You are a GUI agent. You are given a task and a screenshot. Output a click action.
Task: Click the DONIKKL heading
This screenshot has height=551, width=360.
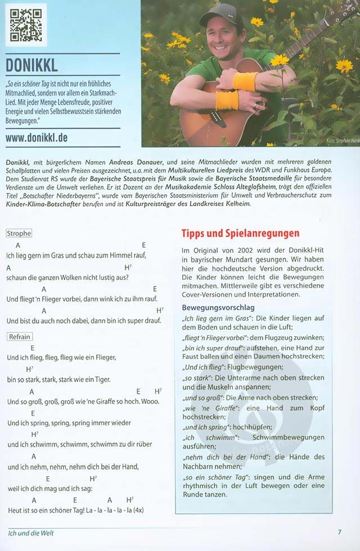point(31,65)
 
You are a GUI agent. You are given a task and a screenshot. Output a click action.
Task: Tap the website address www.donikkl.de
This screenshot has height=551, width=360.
point(37,138)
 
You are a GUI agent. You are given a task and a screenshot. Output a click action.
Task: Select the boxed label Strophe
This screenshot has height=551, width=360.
point(19,233)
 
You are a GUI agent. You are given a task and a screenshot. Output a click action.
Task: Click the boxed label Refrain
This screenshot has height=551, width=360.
point(19,337)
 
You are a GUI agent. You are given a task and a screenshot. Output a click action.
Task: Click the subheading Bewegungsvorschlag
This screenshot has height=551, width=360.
point(218,307)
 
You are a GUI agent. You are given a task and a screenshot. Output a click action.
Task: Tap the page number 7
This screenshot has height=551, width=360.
point(339,532)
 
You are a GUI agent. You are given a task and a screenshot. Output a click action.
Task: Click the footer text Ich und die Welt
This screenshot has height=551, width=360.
point(31,533)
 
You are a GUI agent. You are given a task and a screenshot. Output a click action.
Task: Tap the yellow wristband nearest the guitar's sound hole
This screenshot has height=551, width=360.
point(227,101)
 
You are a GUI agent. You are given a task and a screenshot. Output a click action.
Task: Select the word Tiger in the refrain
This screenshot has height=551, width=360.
point(102,379)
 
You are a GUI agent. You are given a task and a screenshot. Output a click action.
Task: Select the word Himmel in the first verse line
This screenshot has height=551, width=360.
point(122,256)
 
